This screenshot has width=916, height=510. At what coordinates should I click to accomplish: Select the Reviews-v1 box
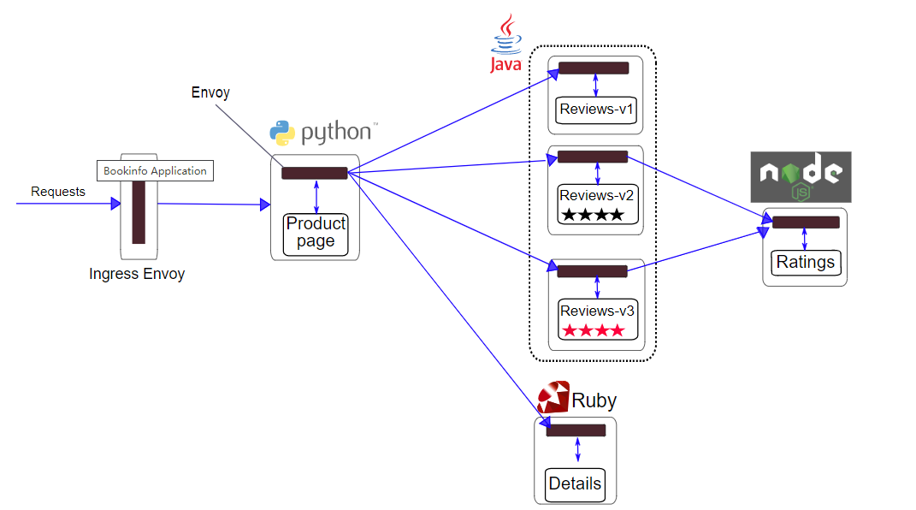coord(596,110)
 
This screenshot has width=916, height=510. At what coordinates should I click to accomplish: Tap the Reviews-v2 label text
coord(597,195)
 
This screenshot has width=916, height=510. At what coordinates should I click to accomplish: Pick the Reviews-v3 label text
coord(597,311)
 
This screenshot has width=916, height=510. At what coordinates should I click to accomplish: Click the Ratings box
coord(805,262)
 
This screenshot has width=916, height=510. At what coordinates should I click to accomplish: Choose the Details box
coord(575,483)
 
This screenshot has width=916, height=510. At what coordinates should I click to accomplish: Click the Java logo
coord(507,43)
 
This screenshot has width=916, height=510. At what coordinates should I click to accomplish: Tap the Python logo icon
coord(283,133)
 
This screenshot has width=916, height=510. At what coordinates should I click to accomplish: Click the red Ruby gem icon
coord(553,398)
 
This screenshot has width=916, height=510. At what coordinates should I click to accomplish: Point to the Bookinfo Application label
coord(155,170)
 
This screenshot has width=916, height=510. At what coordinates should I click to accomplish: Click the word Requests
coord(58,192)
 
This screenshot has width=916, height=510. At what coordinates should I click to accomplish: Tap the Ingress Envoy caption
coord(137,275)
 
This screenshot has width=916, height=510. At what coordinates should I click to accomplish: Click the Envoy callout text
coord(210,92)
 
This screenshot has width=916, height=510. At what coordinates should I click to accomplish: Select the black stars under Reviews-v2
coord(592,215)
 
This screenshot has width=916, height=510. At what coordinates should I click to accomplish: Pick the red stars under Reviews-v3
coord(593,330)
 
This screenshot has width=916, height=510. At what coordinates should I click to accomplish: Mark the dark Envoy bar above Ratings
coord(805,222)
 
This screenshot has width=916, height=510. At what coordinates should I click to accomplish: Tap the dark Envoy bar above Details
coord(576,430)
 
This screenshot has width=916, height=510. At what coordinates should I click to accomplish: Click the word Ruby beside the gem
coord(594,400)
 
